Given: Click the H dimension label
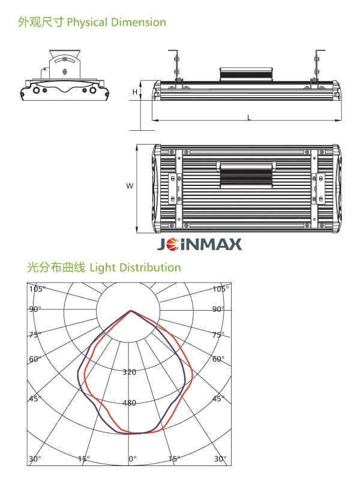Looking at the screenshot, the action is (135, 92).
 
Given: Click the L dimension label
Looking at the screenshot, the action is (249, 118).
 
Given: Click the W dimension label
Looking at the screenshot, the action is (130, 186).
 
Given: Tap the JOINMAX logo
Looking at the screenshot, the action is (199, 244).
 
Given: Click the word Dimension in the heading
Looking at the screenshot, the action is (139, 22).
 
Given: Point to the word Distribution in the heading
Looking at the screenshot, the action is (150, 267).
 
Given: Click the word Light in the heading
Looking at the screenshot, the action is (103, 267).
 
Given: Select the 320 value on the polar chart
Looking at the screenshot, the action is (129, 372).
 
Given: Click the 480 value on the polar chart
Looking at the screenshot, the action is (129, 403).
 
